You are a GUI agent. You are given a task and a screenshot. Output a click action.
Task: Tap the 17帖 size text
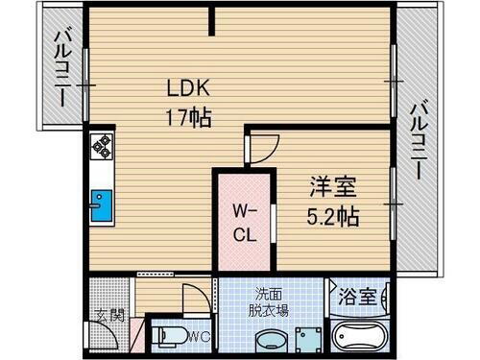click(x=187, y=119)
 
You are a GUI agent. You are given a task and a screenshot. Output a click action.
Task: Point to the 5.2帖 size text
click(x=332, y=217)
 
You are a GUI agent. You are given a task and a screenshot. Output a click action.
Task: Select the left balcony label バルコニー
click(x=60, y=67)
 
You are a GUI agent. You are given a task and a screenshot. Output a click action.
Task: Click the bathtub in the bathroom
click(x=359, y=338)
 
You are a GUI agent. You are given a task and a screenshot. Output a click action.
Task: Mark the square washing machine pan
click(x=309, y=339)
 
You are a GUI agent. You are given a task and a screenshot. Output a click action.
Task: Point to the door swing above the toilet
click(x=194, y=296)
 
